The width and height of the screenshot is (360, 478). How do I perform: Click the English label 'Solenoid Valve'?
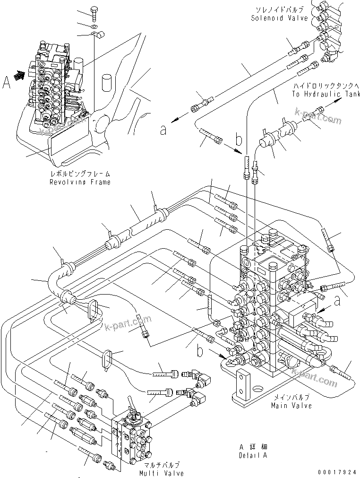click(x=279, y=18)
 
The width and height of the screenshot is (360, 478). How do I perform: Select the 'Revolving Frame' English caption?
click(x=80, y=182)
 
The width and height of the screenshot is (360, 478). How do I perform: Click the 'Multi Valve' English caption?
click(x=161, y=473)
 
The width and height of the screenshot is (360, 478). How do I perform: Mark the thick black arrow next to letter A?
click(x=20, y=75)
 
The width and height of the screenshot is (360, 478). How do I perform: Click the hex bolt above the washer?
click(x=94, y=14)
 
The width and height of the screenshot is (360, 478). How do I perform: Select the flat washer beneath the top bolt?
click(x=94, y=26)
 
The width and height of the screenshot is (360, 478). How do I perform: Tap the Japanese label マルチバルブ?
click(x=161, y=465)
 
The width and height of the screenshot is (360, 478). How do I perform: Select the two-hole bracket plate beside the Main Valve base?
click(x=242, y=383)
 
